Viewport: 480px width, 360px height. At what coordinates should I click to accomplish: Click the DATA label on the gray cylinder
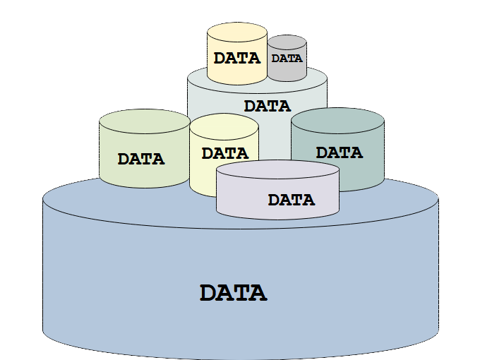click(x=287, y=59)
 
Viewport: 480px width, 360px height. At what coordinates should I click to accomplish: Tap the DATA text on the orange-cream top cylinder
click(x=237, y=58)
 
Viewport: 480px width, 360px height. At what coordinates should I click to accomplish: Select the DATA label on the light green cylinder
click(x=141, y=159)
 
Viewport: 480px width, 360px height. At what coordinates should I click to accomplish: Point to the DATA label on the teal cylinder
click(x=340, y=152)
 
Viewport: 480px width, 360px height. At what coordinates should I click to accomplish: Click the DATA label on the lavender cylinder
click(x=292, y=200)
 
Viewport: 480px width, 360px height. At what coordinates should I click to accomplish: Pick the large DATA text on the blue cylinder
click(x=233, y=293)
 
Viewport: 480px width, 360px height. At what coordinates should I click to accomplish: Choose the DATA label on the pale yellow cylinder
click(x=225, y=153)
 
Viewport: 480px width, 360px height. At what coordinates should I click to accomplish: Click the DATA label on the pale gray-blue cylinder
click(x=268, y=106)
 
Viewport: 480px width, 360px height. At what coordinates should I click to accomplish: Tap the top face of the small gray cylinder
click(x=287, y=42)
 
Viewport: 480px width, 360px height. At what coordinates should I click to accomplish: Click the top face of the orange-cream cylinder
click(x=237, y=32)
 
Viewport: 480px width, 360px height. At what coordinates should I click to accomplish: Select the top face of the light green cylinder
click(x=145, y=121)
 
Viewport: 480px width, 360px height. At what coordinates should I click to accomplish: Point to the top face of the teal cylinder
click(x=337, y=121)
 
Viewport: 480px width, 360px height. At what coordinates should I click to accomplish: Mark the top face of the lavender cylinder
click(x=277, y=169)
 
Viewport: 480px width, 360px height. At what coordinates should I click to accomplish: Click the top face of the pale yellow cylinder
click(x=224, y=127)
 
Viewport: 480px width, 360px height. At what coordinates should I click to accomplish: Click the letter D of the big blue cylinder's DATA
click(x=208, y=293)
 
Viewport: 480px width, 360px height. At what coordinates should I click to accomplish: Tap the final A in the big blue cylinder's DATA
click(x=258, y=293)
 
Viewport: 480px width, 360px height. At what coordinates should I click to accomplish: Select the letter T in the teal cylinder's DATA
click(x=345, y=152)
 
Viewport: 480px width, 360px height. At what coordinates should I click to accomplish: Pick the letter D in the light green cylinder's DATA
click(x=124, y=159)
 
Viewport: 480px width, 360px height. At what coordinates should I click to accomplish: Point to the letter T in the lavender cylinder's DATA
click(x=297, y=200)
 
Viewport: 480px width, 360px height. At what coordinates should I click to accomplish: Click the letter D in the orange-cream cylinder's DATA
click(x=220, y=58)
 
